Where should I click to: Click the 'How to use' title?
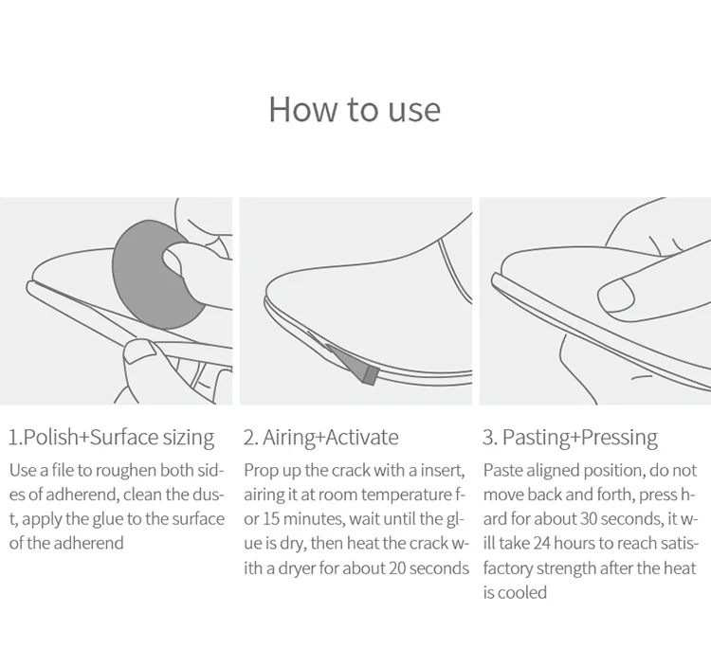pyautogui.click(x=355, y=110)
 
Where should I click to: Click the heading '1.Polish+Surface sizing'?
pyautogui.click(x=112, y=438)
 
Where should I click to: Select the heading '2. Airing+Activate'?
pyautogui.click(x=321, y=438)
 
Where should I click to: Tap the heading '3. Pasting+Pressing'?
pyautogui.click(x=570, y=438)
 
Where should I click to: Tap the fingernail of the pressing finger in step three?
pyautogui.click(x=616, y=296)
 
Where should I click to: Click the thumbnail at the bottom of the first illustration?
pyautogui.click(x=139, y=352)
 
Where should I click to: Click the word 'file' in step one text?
pyautogui.click(x=63, y=470)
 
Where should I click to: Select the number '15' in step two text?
pyautogui.click(x=272, y=519)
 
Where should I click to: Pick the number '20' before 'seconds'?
pyautogui.click(x=397, y=568)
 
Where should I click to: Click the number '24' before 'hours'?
pyautogui.click(x=542, y=544)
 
